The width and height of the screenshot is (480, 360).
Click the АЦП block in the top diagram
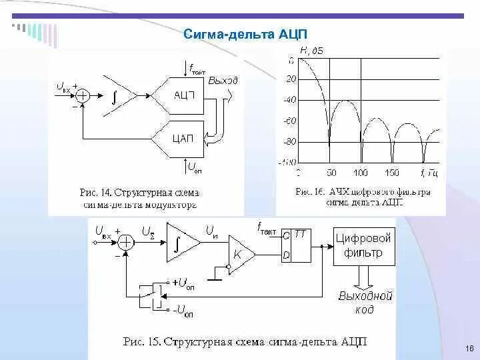[x=182, y=95]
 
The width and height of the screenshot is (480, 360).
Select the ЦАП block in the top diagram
[x=182, y=138]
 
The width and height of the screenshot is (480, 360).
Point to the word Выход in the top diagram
[x=222, y=80]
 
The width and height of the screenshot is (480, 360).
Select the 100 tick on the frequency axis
[x=360, y=173]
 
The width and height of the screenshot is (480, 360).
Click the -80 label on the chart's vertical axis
[x=289, y=142]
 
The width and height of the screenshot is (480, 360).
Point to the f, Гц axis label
[x=431, y=173]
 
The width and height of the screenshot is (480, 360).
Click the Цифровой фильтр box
[x=363, y=245]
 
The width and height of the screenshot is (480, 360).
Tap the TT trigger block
[x=293, y=245]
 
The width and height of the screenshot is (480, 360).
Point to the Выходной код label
[x=365, y=303]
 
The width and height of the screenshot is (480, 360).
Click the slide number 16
[x=469, y=349]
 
